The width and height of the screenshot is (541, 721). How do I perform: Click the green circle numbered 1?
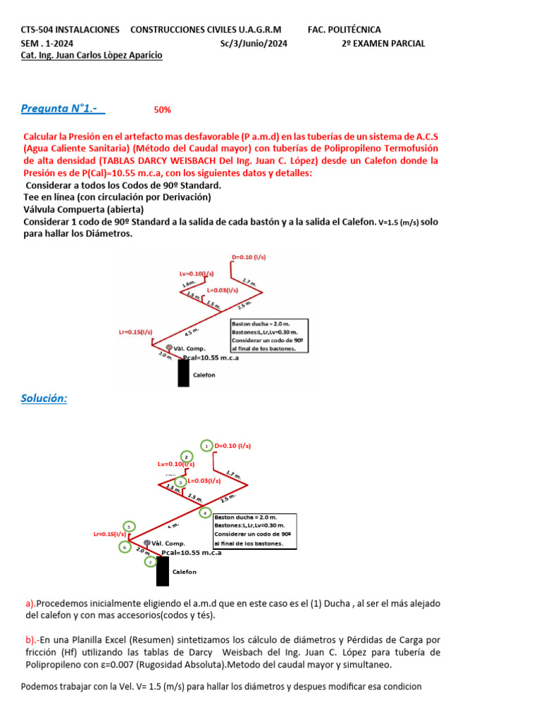click(206, 446)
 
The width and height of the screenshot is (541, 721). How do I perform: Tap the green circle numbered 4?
click(205, 513)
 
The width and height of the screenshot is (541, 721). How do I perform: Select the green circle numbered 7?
click(150, 561)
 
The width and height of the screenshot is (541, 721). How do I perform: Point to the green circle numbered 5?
click(128, 527)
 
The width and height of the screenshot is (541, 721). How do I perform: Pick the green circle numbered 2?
click(186, 456)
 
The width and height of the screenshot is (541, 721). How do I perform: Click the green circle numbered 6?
click(125, 546)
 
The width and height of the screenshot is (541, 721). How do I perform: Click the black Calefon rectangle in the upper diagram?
click(183, 373)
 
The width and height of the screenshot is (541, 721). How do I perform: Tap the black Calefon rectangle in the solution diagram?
click(163, 571)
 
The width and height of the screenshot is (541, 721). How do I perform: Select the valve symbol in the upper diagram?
click(169, 348)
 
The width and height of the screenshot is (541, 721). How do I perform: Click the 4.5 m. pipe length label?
click(192, 332)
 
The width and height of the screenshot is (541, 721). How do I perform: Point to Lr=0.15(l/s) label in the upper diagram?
click(136, 332)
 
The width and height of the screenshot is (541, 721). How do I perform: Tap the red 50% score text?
click(162, 110)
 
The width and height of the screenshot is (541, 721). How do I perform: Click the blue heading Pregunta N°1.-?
click(63, 108)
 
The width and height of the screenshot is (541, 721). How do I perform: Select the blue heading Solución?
click(44, 399)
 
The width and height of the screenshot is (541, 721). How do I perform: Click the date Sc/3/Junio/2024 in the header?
click(254, 43)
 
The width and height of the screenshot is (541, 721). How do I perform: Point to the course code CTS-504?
click(39, 30)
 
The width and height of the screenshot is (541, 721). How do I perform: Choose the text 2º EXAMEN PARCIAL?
click(383, 43)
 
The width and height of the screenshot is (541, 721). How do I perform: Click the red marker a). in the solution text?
click(30, 603)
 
